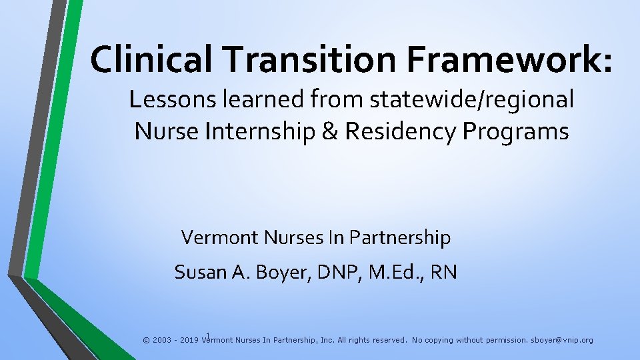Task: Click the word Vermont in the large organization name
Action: [x=219, y=237]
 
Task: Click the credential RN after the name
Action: [x=443, y=272]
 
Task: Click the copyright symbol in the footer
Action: [x=146, y=340]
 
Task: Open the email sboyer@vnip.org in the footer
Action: [x=561, y=340]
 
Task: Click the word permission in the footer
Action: [x=503, y=340]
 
